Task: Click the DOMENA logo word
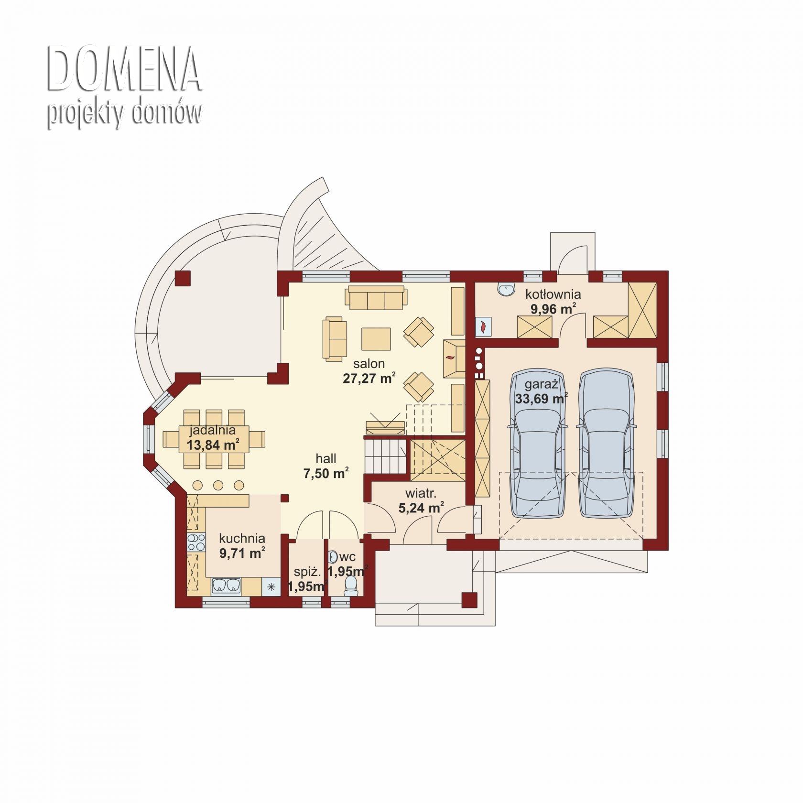pos(124,69)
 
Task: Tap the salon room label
pos(369,364)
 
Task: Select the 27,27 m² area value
pos(369,379)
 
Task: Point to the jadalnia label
pos(213,430)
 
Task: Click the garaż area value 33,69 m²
pos(542,398)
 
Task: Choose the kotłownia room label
pos(553,294)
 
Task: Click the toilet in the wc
pos(350,586)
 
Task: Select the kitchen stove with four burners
pos(195,543)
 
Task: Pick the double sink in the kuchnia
pos(226,586)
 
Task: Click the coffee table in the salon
pos(376,338)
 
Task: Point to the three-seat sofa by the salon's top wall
pos(376,297)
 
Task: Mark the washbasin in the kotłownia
pos(506,289)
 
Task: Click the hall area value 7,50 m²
pos(326,474)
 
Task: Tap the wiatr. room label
pos(421,493)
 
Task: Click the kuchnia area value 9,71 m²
pos(242,553)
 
